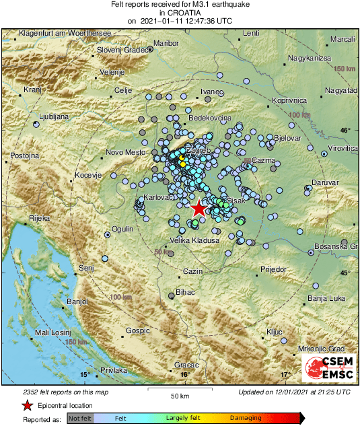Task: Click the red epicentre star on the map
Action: point(198,209)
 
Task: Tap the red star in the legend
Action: point(27,405)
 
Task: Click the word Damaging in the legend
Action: point(246,418)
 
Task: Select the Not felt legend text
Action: point(79,418)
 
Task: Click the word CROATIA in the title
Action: point(180,12)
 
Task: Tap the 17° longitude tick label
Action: point(284,374)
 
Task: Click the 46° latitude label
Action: point(345,130)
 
